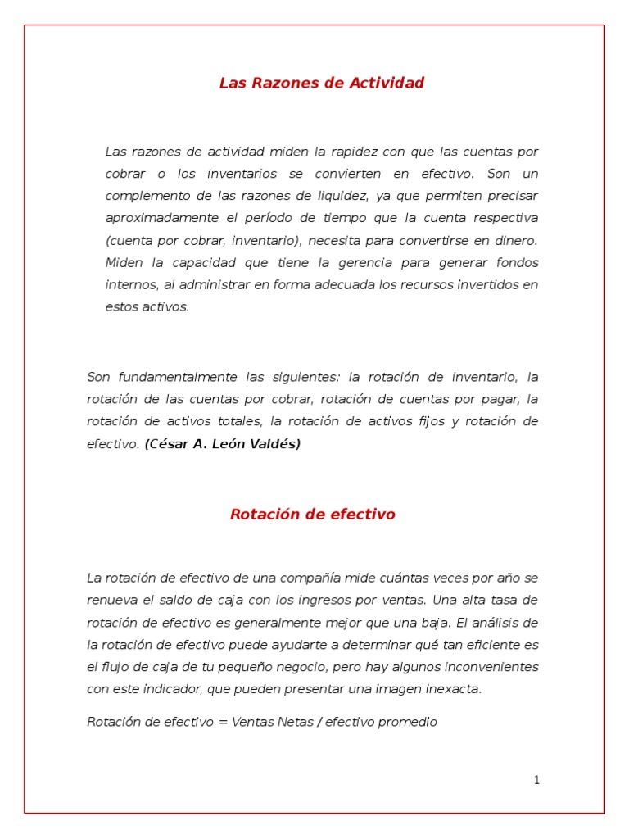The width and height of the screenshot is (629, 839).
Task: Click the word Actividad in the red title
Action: (x=387, y=83)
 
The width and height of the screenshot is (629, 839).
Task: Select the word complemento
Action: (x=147, y=196)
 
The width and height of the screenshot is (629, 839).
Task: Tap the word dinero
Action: (x=517, y=240)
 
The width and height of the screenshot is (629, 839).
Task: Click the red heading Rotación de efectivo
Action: (x=313, y=515)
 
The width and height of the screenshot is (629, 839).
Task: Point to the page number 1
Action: (x=536, y=780)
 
